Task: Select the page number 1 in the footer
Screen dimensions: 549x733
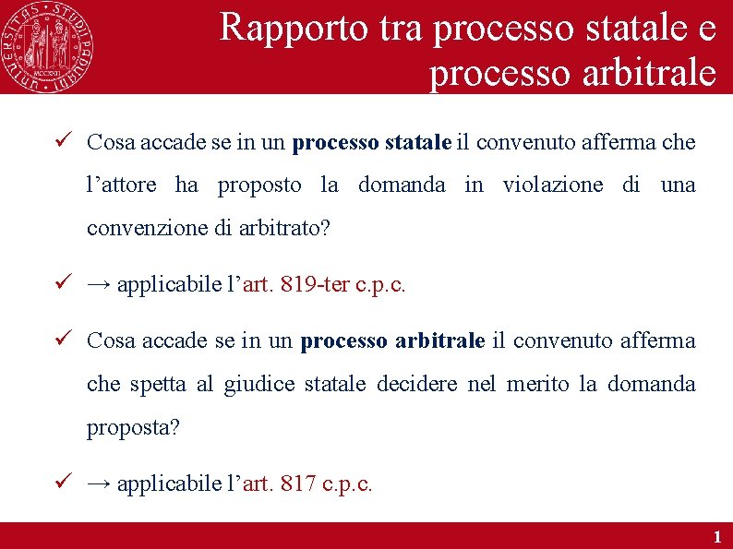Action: pos(716,536)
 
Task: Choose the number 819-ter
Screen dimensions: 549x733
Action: pos(316,284)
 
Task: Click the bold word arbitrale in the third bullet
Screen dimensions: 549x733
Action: pos(439,340)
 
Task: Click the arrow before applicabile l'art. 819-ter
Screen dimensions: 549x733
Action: pos(99,284)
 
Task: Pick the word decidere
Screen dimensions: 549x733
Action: pos(416,384)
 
